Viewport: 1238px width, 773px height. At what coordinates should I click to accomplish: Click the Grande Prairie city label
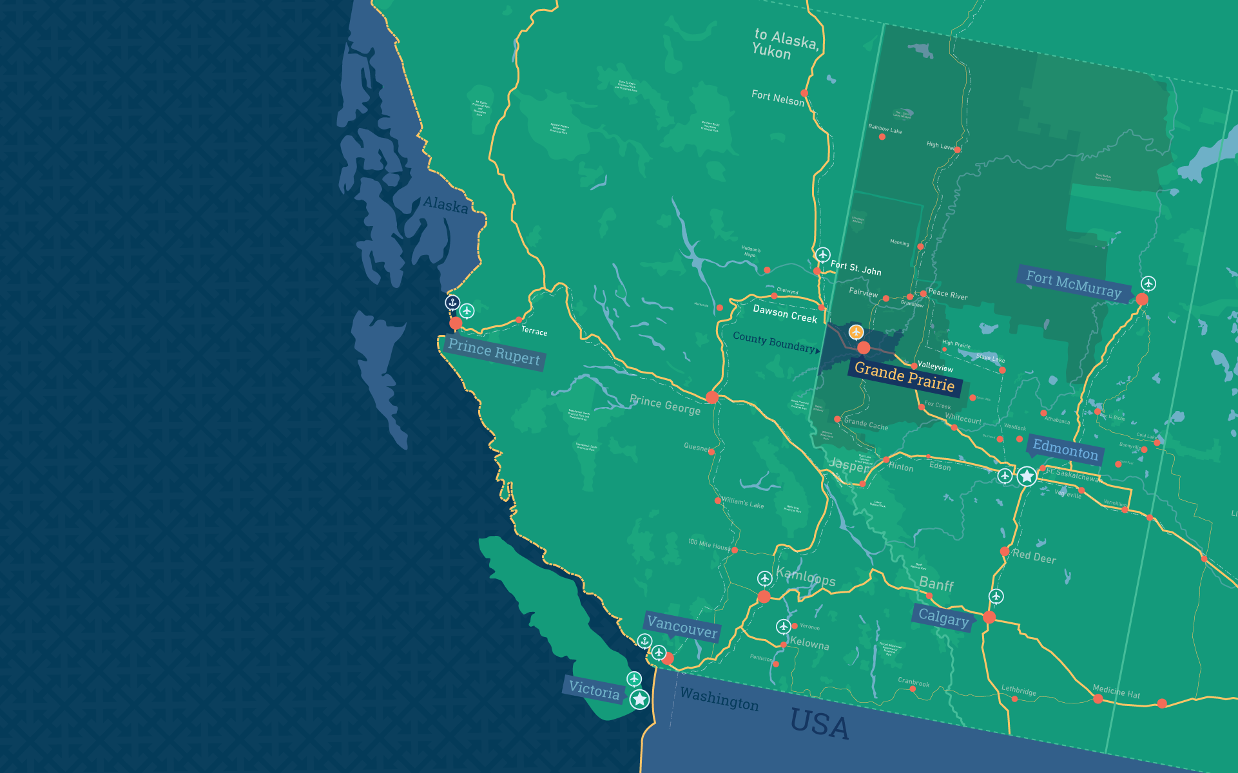(904, 378)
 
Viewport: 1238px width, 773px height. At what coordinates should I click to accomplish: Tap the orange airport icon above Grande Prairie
(856, 332)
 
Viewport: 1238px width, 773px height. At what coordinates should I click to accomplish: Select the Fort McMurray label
(1074, 284)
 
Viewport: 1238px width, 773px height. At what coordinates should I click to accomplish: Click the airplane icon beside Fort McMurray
(1148, 283)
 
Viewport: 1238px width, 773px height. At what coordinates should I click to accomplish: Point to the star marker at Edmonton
(1027, 477)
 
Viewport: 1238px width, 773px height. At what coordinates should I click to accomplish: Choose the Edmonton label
(1065, 449)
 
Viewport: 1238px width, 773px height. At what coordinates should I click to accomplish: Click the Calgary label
(943, 618)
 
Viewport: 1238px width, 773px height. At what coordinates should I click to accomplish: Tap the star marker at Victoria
(639, 699)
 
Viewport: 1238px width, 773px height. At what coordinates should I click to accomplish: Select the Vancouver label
(682, 627)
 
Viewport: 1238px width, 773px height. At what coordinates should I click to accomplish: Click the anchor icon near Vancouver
(644, 641)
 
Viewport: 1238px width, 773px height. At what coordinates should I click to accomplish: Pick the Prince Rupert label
(494, 352)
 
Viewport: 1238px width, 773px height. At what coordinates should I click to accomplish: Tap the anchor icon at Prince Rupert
(452, 302)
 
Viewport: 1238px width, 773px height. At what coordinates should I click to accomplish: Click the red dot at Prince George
(712, 397)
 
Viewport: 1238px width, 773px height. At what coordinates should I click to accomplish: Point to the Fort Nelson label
(778, 98)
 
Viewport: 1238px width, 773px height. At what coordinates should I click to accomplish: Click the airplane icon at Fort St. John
(823, 254)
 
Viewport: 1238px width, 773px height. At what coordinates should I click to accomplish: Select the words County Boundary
(774, 342)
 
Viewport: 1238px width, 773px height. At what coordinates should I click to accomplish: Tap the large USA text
(819, 724)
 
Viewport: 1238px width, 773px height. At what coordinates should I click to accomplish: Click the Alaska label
(445, 205)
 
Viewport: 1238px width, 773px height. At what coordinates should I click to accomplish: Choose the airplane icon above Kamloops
(764, 578)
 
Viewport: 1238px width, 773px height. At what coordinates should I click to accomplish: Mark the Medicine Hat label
(1116, 692)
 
